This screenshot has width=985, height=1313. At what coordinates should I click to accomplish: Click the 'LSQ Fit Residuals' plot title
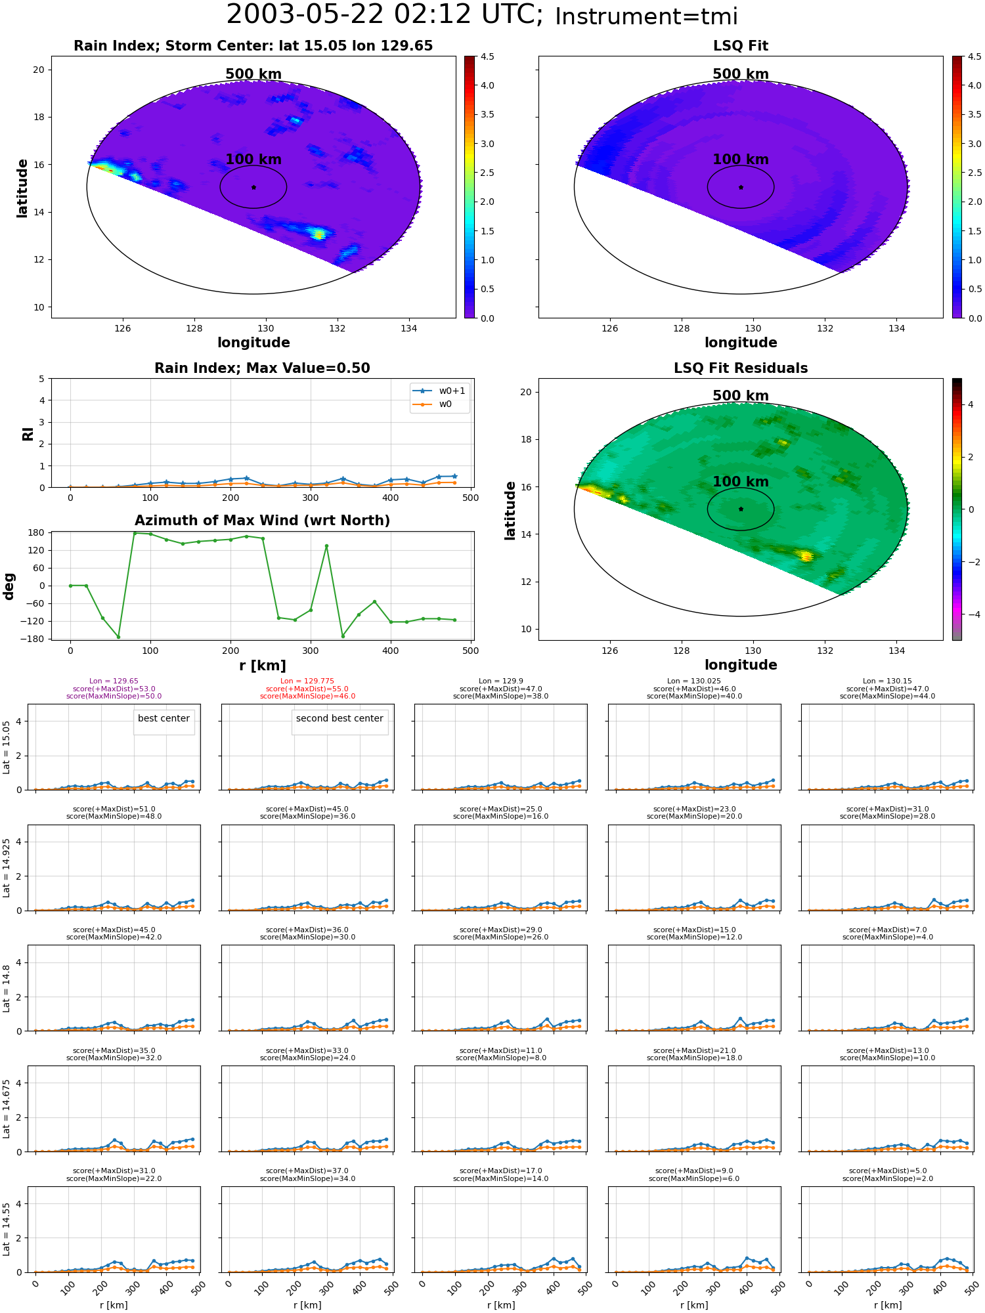tap(741, 368)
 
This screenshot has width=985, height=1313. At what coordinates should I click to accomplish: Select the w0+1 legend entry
tap(439, 391)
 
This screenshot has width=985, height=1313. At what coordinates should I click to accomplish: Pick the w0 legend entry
tap(433, 404)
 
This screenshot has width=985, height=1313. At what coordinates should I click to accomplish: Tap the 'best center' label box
tap(164, 719)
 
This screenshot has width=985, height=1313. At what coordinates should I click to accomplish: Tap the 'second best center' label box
tap(339, 719)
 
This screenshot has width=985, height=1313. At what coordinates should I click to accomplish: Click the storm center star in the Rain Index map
tap(253, 187)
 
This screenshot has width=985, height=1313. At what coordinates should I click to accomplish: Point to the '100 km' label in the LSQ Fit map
tap(741, 160)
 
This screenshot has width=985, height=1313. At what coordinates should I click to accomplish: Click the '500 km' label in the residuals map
tap(741, 396)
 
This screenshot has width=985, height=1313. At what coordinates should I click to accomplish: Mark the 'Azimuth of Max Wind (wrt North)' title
tap(262, 521)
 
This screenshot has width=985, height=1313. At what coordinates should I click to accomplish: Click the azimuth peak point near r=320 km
tap(326, 546)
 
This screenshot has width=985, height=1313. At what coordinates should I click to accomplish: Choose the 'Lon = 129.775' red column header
tap(307, 681)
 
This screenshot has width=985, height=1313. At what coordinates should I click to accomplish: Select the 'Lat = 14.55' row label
tap(7, 1230)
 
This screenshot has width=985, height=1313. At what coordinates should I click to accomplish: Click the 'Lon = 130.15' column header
tap(888, 681)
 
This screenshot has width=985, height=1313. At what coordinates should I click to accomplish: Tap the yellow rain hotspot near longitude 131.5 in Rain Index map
tap(318, 234)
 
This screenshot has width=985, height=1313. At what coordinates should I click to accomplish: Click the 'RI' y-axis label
tap(28, 434)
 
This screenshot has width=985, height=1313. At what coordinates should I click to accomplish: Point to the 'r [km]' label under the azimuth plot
tap(262, 666)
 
